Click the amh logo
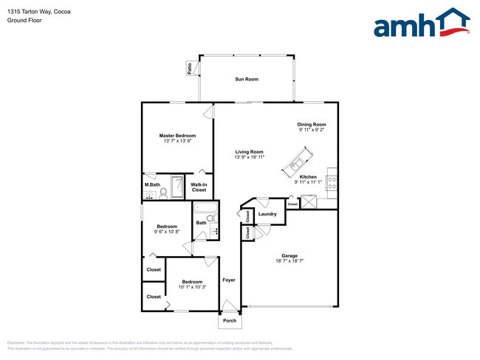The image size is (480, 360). coord(422,24)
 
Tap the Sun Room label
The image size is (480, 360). coord(247,79)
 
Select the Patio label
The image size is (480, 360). coord(190,69)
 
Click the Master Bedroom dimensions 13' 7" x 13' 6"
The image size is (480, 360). coord(177,142)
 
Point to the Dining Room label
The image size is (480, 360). coord(312,125)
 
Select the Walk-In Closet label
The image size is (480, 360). coord(199,187)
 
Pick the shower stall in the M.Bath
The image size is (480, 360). coord(178,187)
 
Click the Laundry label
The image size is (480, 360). coord(267,215)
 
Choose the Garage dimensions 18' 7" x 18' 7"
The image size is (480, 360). coord(289,261)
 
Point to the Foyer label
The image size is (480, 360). coord(229,280)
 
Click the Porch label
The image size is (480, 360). coord(230,321)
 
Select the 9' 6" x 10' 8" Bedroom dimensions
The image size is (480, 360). coord(166,232)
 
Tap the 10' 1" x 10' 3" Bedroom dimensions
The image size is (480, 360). coord(193,287)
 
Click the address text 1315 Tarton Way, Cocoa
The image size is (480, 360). coord(34,10)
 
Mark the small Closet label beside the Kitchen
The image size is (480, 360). coord(292,204)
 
